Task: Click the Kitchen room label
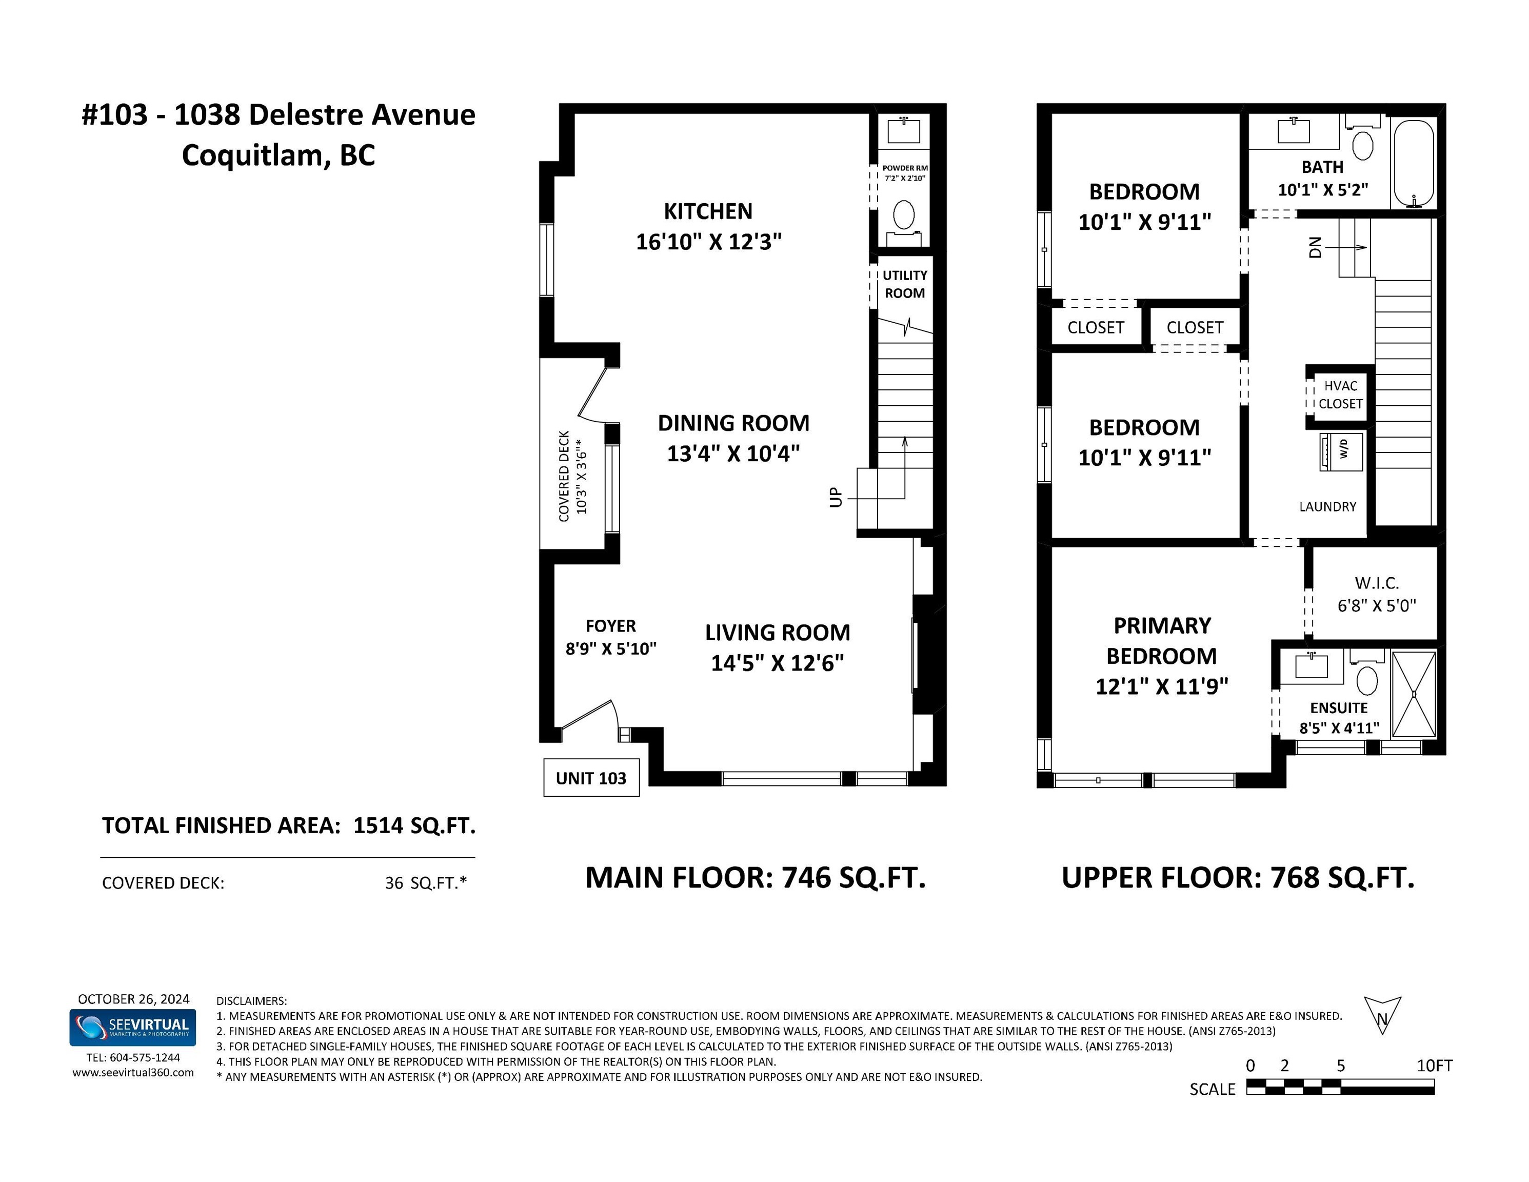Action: [x=708, y=211]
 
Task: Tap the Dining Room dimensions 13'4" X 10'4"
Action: [x=733, y=453]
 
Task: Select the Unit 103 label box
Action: [x=591, y=777]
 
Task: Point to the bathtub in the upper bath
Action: [x=1414, y=163]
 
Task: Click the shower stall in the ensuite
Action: [x=1414, y=694]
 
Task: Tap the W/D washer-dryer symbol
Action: [x=1341, y=451]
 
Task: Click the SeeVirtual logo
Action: [x=132, y=1027]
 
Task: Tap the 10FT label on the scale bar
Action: [x=1435, y=1065]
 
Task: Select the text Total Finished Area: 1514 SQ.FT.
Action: [x=288, y=825]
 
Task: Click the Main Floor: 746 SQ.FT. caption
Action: [x=756, y=877]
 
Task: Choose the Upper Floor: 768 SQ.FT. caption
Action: [x=1238, y=877]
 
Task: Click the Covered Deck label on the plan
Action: [x=564, y=476]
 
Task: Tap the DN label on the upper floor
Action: [x=1316, y=247]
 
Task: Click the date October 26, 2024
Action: [x=134, y=999]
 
